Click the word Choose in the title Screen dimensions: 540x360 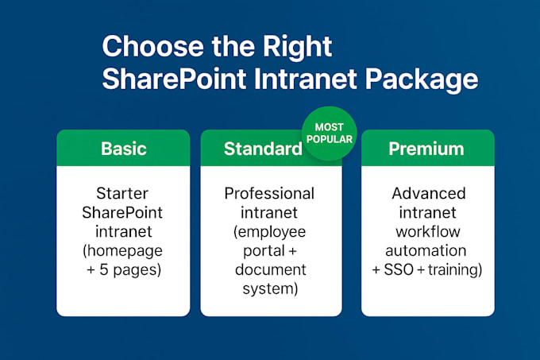pyautogui.click(x=153, y=47)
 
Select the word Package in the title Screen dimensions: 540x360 pyautogui.click(x=422, y=81)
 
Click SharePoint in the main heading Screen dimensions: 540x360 pyautogui.click(x=174, y=79)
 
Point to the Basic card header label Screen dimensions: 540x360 pyautogui.click(x=124, y=149)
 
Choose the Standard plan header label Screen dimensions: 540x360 pyautogui.click(x=263, y=149)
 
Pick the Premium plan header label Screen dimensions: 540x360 pyautogui.click(x=426, y=149)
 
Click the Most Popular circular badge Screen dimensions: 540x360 pyautogui.click(x=330, y=134)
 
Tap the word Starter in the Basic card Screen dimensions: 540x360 pyautogui.click(x=122, y=193)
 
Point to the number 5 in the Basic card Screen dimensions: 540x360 pyautogui.click(x=104, y=269)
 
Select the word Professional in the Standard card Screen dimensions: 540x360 pyautogui.click(x=269, y=193)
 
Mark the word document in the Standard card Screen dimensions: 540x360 pyautogui.click(x=271, y=269)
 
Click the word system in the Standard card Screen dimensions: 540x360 pyautogui.click(x=268, y=288)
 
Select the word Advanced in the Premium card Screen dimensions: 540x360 pyautogui.click(x=429, y=193)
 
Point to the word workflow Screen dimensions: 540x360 pyautogui.click(x=428, y=231)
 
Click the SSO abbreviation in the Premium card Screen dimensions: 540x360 pyautogui.click(x=399, y=269)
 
